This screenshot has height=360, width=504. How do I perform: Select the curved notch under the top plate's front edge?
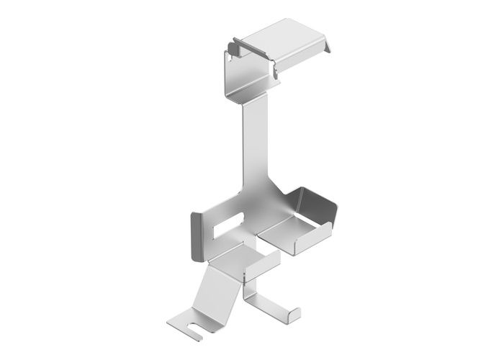[x=275, y=69]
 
